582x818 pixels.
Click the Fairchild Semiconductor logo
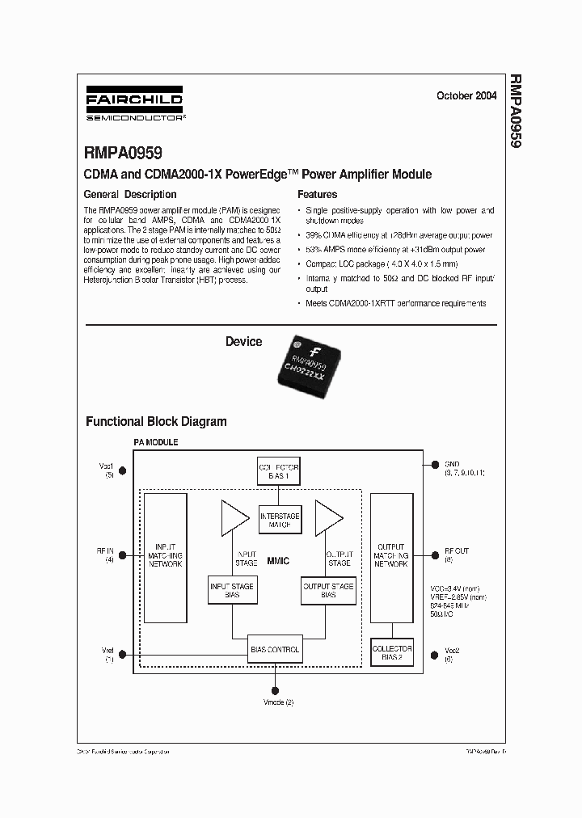134,103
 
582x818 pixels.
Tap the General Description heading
130,195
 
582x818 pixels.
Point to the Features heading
318,195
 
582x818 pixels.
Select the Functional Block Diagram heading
156,421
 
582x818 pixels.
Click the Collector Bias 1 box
278,473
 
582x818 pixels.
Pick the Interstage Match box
279,521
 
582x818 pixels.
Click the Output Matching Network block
391,556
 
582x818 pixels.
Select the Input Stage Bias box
232,590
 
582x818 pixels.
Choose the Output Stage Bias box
327,590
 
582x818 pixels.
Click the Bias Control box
275,648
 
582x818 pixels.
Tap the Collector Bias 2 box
391,653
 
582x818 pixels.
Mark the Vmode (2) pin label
278,702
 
